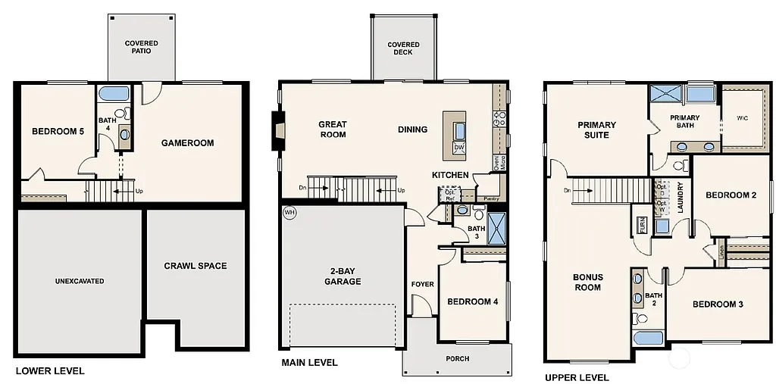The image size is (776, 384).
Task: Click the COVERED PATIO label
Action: tap(142, 47)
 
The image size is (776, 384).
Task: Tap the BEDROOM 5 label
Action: tap(58, 132)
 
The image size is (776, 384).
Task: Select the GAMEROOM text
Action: tap(187, 142)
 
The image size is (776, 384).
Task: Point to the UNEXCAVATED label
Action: tap(80, 281)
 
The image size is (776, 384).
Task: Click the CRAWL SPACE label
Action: tap(196, 266)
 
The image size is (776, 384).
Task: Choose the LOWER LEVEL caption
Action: tap(50, 371)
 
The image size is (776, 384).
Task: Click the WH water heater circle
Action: tap(289, 212)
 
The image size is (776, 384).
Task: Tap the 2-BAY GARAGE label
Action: tap(345, 276)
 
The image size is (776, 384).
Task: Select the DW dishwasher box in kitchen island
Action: tap(458, 148)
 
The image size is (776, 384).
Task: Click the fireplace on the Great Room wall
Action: tap(279, 130)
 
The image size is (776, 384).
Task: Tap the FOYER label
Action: tap(422, 284)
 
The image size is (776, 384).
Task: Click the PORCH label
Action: tap(457, 358)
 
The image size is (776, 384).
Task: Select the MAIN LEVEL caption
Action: tap(309, 363)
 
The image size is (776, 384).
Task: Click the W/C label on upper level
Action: tap(742, 118)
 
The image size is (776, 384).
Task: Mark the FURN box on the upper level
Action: tap(643, 225)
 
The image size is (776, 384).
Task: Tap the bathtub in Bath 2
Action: tap(648, 337)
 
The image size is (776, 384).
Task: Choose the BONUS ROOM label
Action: tap(587, 282)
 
